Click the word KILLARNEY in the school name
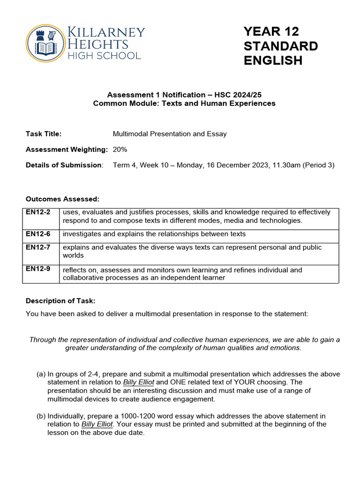(x=107, y=33)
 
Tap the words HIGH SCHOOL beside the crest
(x=104, y=56)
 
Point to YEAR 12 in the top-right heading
(x=271, y=31)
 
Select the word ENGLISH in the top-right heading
(x=273, y=60)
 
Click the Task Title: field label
(x=44, y=134)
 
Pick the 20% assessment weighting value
(x=120, y=149)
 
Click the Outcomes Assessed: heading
(x=62, y=199)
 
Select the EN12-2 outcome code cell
(x=36, y=212)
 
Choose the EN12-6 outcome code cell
(x=36, y=234)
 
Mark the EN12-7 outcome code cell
(x=36, y=247)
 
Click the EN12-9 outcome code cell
(x=36, y=270)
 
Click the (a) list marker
(x=41, y=374)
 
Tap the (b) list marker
(x=41, y=416)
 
